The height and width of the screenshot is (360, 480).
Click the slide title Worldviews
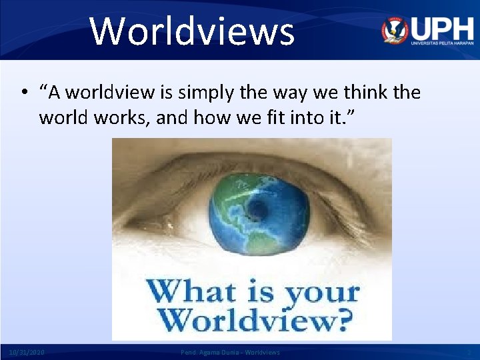click(x=192, y=31)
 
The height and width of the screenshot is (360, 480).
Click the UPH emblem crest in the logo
click(x=395, y=30)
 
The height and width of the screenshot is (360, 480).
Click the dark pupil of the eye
click(x=258, y=212)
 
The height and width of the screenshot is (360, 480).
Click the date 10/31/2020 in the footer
click(x=27, y=352)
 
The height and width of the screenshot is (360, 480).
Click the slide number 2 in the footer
click(x=469, y=352)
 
